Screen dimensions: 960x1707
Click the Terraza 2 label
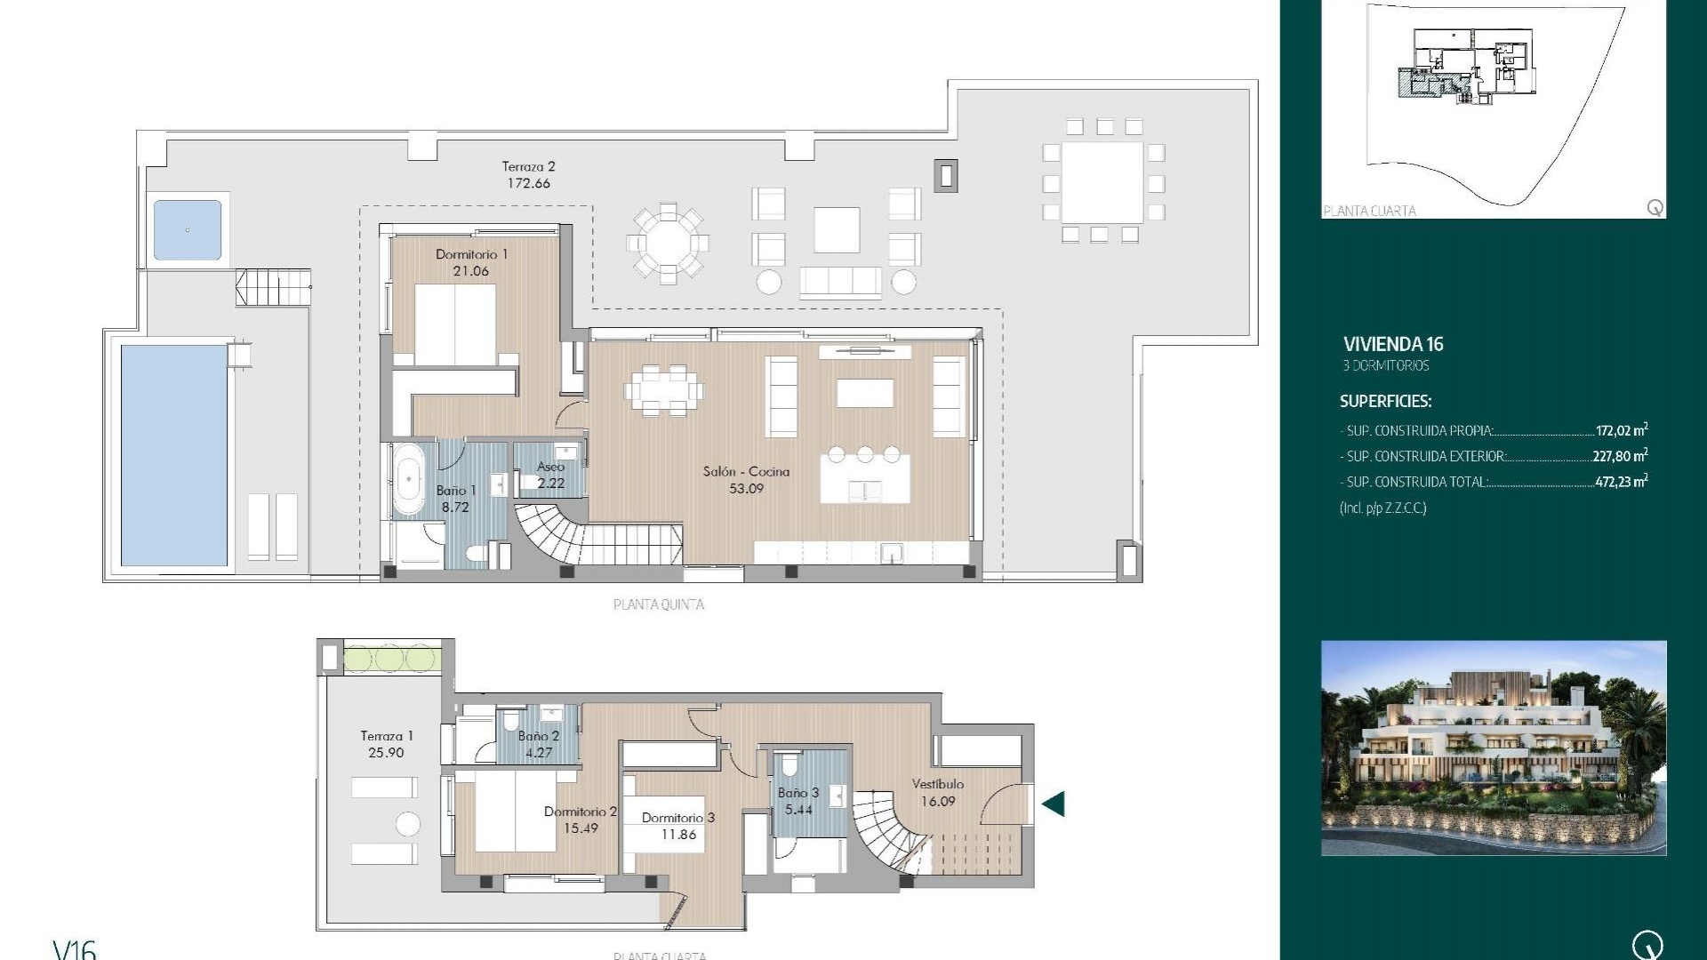(x=528, y=166)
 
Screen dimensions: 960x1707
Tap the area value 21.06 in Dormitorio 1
(x=470, y=271)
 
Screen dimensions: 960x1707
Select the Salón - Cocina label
(x=746, y=471)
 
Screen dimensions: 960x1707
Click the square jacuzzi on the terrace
(x=188, y=230)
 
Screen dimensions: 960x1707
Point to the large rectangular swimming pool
(x=174, y=455)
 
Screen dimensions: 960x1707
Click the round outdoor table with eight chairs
(x=668, y=243)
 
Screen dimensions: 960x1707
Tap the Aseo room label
(x=550, y=467)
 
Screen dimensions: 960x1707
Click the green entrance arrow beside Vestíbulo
(x=1054, y=804)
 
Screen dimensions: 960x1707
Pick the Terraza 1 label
(x=387, y=736)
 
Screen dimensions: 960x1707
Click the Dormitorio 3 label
(x=677, y=818)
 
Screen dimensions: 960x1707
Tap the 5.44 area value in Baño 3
(x=798, y=809)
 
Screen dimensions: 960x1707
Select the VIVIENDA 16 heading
(x=1393, y=344)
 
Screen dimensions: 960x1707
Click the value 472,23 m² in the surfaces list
(x=1621, y=482)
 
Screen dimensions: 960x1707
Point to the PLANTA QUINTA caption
(x=659, y=604)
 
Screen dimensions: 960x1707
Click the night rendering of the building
(x=1494, y=748)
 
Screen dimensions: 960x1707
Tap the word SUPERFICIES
(x=1385, y=401)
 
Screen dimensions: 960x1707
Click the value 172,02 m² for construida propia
(x=1621, y=430)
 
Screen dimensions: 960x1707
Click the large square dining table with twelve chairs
(x=1102, y=182)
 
